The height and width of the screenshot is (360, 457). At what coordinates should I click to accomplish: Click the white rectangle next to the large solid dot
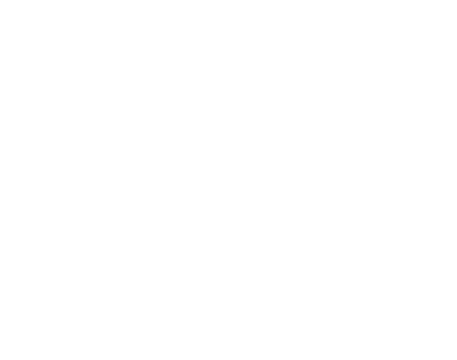[x=70, y=48]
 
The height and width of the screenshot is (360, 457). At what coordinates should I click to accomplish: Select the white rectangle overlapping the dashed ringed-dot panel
[x=371, y=48]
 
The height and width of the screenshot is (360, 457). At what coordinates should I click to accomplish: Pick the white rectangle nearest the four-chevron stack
[x=362, y=269]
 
